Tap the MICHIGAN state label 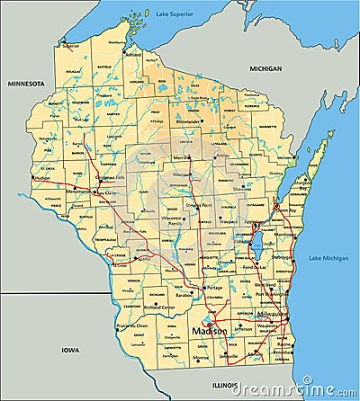pyautogui.click(x=266, y=68)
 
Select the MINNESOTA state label pyautogui.click(x=26, y=82)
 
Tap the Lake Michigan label pyautogui.click(x=328, y=259)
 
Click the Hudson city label pyautogui.click(x=42, y=177)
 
